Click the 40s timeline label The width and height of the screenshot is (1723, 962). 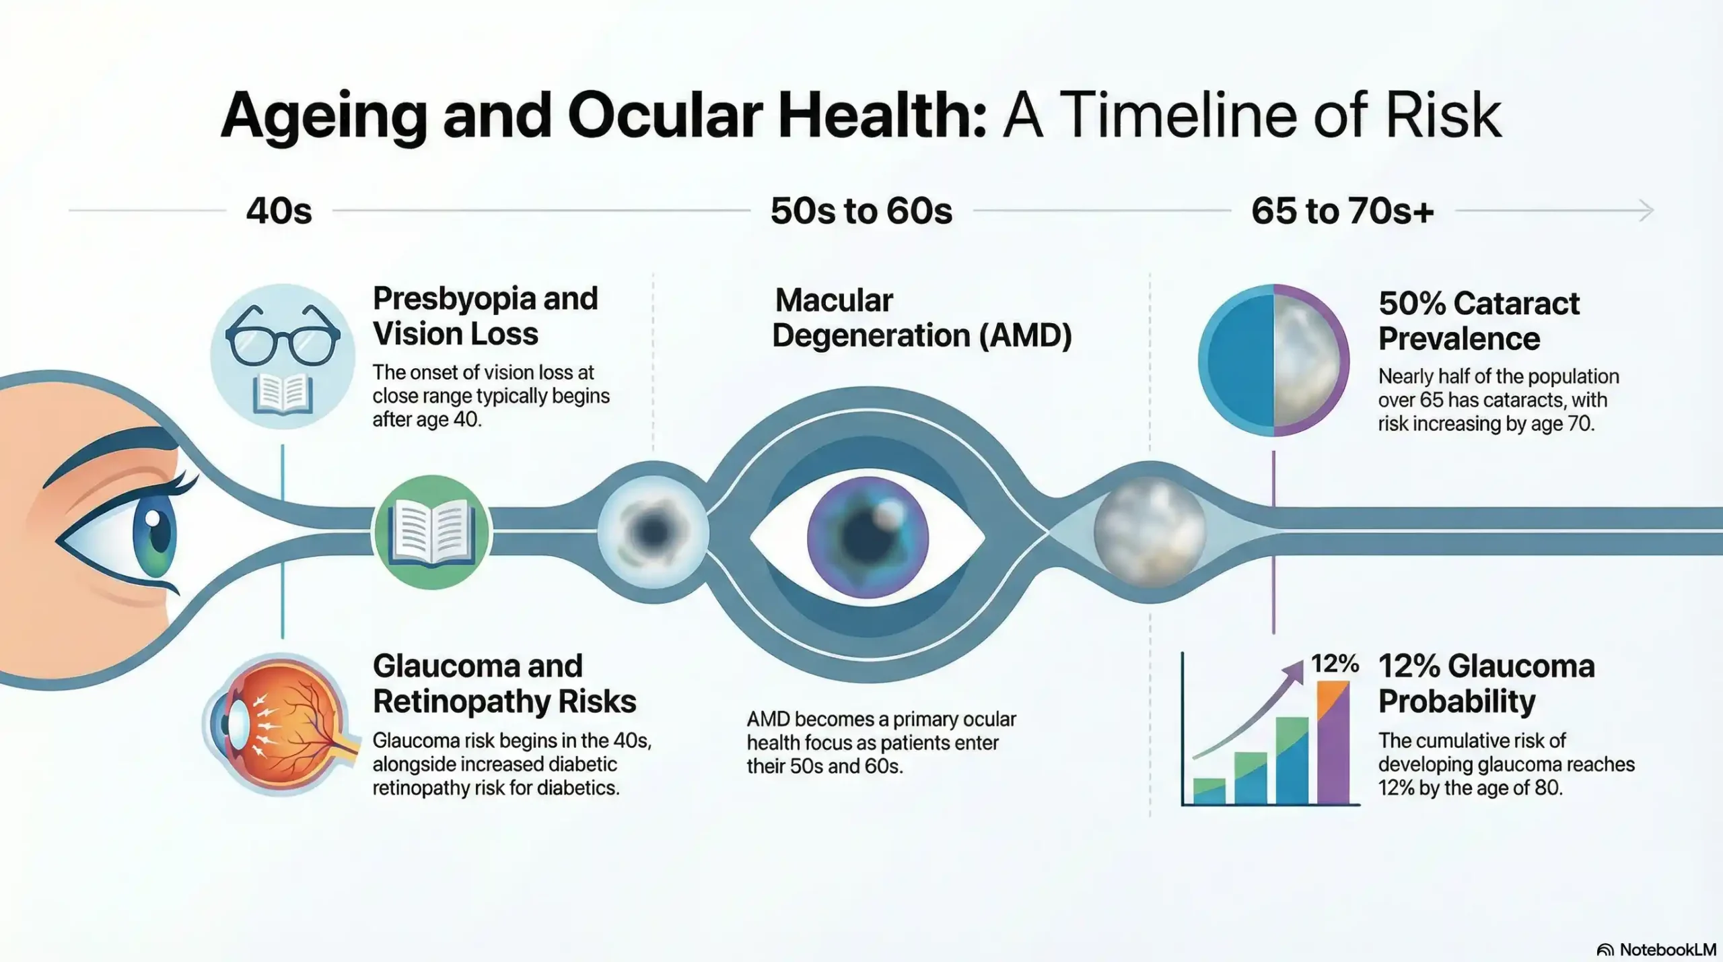(x=279, y=211)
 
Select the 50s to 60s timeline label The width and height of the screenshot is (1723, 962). (x=861, y=211)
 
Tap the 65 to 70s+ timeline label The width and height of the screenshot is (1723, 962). (x=1342, y=211)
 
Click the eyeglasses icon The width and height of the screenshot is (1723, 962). (x=283, y=335)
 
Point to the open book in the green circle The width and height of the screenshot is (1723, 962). (x=431, y=533)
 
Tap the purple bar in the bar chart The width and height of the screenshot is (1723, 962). (x=1333, y=747)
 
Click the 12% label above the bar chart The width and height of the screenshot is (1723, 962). (x=1335, y=664)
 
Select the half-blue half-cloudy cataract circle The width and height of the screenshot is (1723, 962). (x=1273, y=360)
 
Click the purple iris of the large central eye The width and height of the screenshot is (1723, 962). (x=868, y=537)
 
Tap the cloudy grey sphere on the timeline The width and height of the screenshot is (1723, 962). (x=1150, y=532)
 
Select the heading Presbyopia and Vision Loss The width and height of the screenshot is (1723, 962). (x=485, y=316)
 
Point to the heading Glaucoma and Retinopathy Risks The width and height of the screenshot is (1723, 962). (x=504, y=683)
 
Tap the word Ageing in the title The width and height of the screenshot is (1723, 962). (x=323, y=116)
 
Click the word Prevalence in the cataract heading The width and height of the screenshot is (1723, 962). (x=1458, y=339)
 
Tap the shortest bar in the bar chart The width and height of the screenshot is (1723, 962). (x=1209, y=791)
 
